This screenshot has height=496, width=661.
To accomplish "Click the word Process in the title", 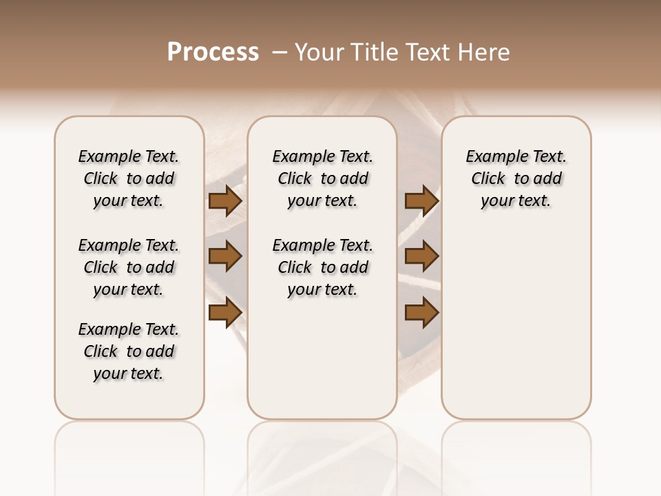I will pyautogui.click(x=213, y=52).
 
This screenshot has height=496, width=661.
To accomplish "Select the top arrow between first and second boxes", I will pyautogui.click(x=225, y=201).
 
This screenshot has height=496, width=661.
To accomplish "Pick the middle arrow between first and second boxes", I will pyautogui.click(x=225, y=257).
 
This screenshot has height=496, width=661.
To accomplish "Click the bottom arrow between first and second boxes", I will pyautogui.click(x=225, y=313).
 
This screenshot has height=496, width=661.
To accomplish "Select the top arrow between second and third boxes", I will pyautogui.click(x=421, y=201).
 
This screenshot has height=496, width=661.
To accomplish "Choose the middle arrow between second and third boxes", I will pyautogui.click(x=421, y=257).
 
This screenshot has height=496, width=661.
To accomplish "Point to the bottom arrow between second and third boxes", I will pyautogui.click(x=421, y=313).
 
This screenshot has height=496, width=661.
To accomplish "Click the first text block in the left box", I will pyautogui.click(x=129, y=178).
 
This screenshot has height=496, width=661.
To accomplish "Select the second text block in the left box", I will pyautogui.click(x=129, y=267).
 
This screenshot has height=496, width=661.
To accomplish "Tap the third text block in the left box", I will pyautogui.click(x=129, y=351).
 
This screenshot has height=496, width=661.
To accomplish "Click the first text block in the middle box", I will pyautogui.click(x=323, y=178).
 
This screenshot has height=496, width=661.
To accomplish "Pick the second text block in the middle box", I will pyautogui.click(x=323, y=267).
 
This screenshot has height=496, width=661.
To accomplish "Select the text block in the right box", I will pyautogui.click(x=516, y=178).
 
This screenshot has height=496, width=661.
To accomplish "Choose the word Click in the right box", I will pyautogui.click(x=489, y=179).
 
